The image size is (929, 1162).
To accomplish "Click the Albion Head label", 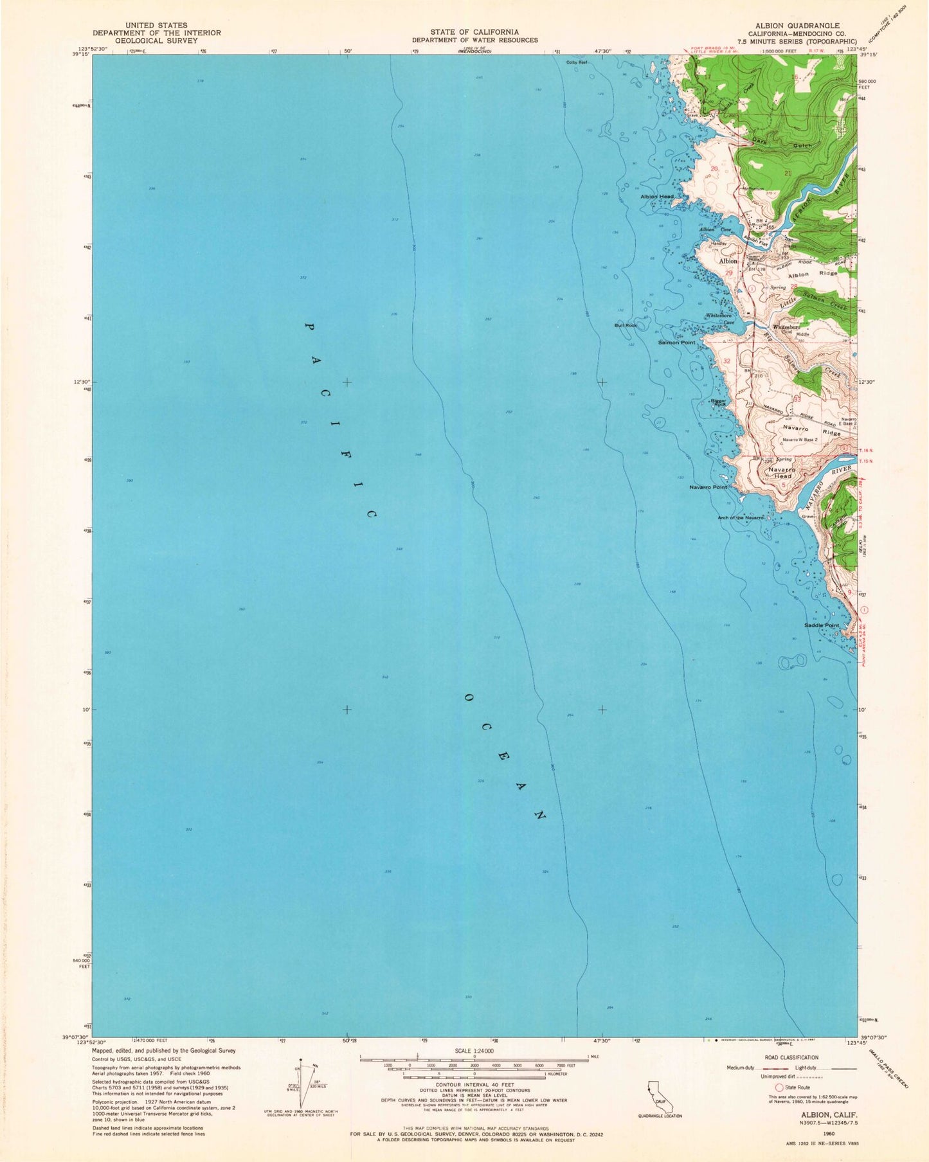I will tap(656, 196).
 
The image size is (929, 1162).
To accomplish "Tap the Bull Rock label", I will tap(626, 325).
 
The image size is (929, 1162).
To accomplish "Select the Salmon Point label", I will tap(676, 343).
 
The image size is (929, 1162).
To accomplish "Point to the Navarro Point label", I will tap(708, 487).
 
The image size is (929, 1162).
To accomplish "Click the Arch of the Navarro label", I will tap(741, 517).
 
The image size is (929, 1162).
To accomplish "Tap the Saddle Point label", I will tap(822, 625).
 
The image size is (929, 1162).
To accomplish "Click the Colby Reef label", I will tap(577, 62).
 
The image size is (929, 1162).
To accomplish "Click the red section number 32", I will tap(727, 361).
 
